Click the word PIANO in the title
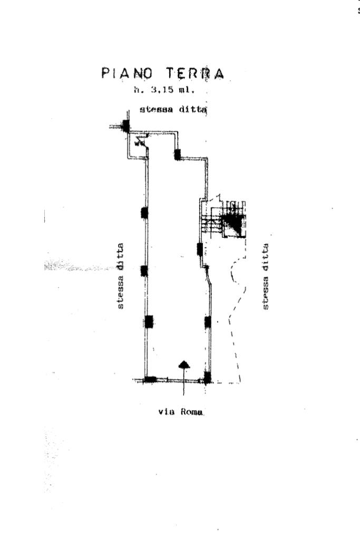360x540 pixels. click(127, 73)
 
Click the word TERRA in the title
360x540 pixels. click(195, 73)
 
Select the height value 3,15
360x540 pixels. click(161, 90)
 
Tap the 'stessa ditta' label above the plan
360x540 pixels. click(173, 110)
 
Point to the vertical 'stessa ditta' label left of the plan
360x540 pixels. click(120, 276)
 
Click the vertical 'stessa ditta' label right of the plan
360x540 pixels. click(265, 276)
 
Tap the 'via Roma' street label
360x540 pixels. click(181, 411)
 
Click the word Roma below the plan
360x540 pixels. click(192, 411)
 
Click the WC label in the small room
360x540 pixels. click(139, 142)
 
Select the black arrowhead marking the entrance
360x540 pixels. click(184, 365)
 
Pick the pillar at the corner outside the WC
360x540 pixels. click(126, 127)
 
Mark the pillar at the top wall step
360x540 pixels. click(177, 155)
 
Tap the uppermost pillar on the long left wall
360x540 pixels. click(144, 213)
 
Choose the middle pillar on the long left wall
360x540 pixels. click(144, 271)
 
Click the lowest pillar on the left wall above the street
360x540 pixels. click(149, 322)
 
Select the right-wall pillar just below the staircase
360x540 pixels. click(200, 249)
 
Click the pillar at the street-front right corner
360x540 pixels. click(207, 378)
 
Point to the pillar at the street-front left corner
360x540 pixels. click(150, 380)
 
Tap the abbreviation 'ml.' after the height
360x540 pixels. click(187, 90)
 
